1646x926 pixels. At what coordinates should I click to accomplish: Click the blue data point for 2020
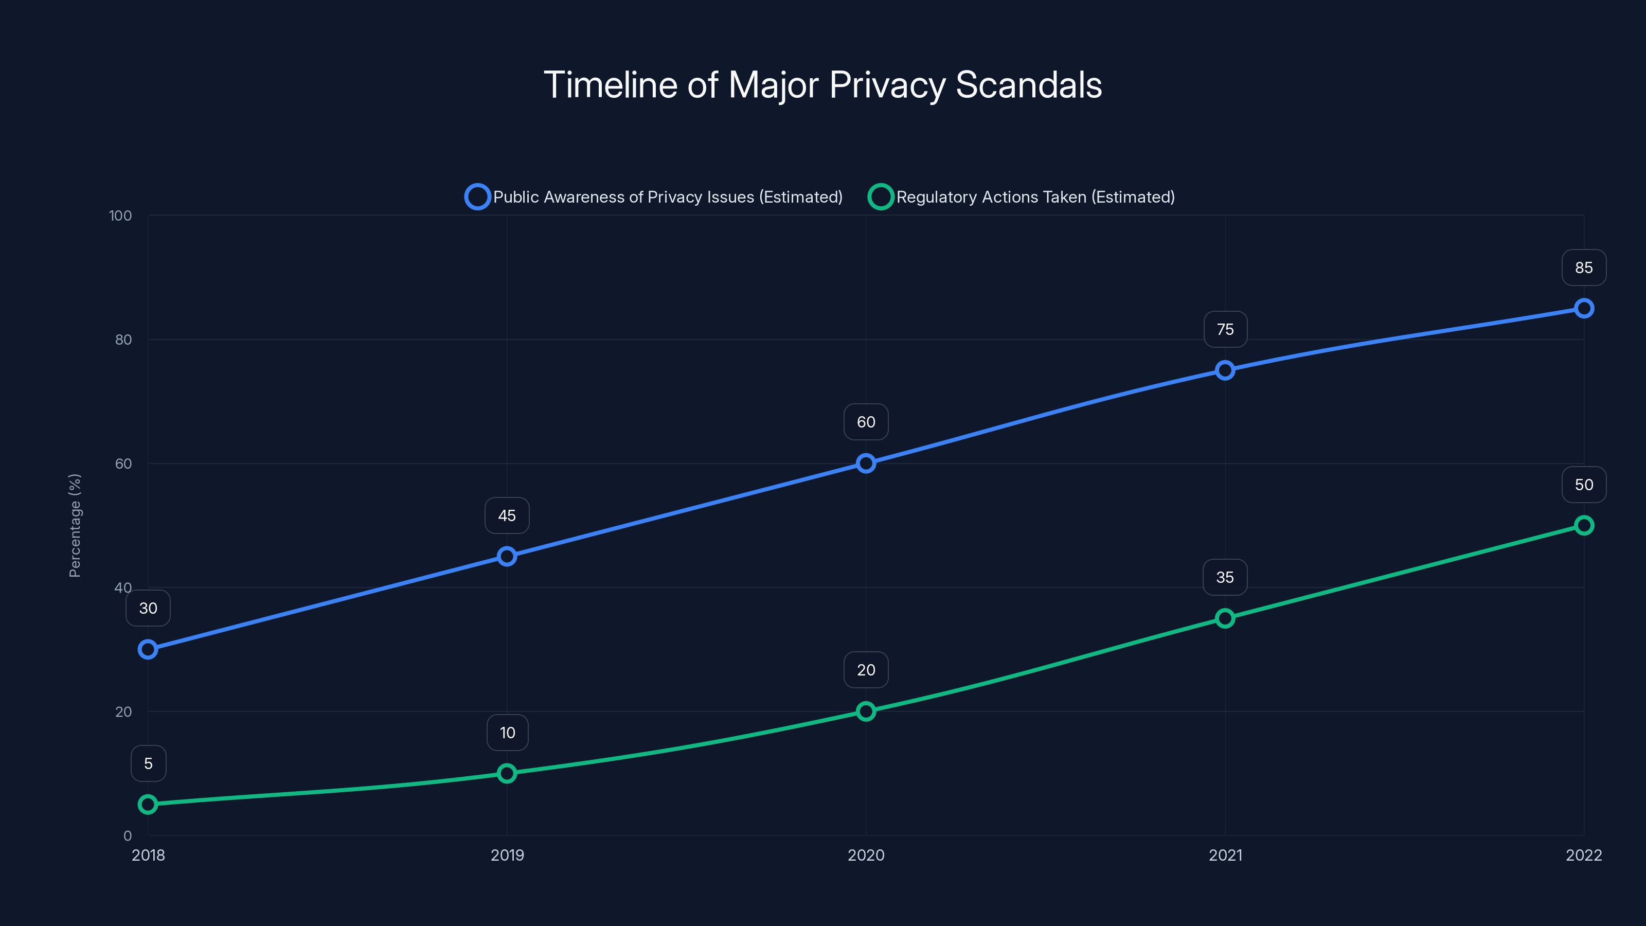pos(866,464)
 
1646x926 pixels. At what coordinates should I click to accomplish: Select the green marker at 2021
pos(1225,618)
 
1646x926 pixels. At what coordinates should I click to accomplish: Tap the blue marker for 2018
pos(148,649)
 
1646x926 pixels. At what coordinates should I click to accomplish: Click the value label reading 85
pos(1583,268)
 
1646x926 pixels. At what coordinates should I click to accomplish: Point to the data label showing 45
pos(507,515)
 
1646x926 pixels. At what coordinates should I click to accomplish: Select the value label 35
pos(1224,578)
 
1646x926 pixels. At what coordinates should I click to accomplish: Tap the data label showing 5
pos(148,763)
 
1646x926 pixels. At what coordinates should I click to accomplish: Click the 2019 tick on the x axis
pos(507,855)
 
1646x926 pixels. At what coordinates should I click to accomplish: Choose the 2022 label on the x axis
pos(1583,855)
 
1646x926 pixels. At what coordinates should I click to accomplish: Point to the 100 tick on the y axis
pos(120,216)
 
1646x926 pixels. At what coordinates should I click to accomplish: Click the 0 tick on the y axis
pos(127,836)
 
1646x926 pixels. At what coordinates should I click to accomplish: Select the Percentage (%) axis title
pos(75,525)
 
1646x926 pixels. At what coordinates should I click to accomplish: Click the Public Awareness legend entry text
pos(668,197)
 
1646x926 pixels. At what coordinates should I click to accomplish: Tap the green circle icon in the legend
pos(880,197)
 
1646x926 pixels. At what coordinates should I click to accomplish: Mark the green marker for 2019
pos(507,773)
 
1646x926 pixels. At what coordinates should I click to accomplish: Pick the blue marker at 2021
pos(1225,370)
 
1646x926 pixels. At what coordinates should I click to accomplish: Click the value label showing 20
pos(866,670)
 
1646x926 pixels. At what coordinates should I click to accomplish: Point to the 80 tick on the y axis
pos(123,340)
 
